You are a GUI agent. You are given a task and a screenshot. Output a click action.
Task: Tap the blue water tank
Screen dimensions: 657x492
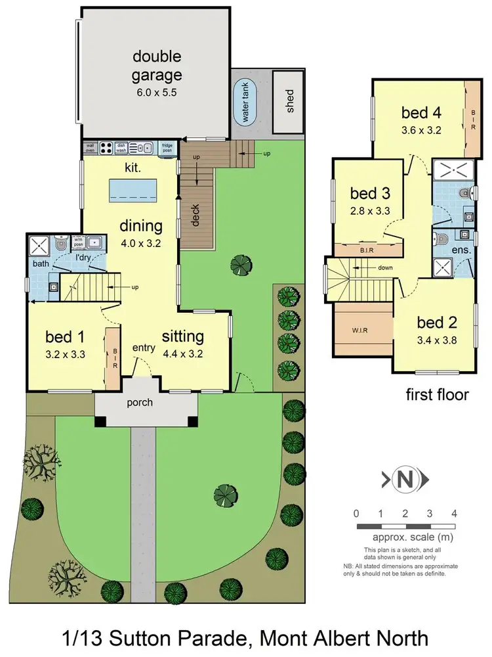point(247,103)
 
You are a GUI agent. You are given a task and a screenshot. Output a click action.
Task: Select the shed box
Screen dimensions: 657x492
point(289,102)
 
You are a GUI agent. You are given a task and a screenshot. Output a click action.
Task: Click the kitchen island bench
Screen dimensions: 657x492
point(134,189)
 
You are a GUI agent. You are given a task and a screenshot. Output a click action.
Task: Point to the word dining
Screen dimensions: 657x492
point(140,227)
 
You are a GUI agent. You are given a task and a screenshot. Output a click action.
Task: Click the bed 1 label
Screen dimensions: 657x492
point(66,337)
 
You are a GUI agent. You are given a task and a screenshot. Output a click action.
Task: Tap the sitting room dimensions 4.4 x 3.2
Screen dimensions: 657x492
point(183,351)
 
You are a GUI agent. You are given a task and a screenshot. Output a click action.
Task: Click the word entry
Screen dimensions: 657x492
point(143,348)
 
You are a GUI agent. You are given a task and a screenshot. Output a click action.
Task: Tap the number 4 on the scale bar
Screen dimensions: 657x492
point(454,513)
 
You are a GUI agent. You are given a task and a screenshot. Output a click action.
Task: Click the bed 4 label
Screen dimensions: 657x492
point(420,112)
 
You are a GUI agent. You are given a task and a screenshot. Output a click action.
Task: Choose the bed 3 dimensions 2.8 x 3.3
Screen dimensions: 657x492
point(369,212)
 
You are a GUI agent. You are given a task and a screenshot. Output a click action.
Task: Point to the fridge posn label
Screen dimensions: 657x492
point(167,147)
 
